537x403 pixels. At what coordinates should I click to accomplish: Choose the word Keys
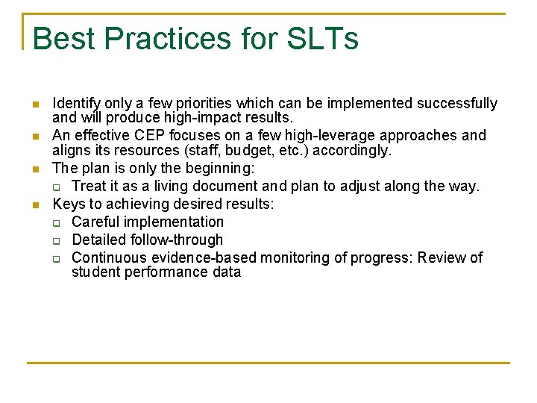[x=67, y=204]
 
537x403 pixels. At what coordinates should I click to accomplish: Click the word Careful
[x=95, y=222]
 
